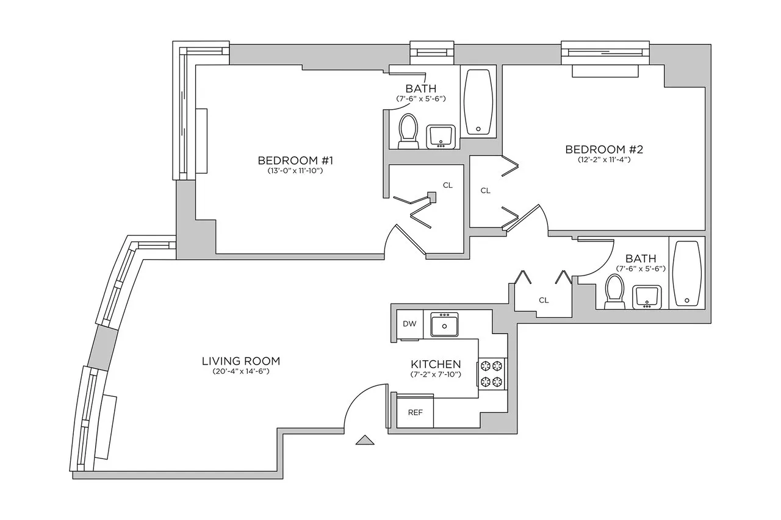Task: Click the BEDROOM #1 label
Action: tap(296, 160)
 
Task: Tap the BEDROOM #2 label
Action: tap(605, 149)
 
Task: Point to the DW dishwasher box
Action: tap(409, 324)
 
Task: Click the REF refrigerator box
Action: tap(415, 412)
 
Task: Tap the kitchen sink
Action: tap(445, 324)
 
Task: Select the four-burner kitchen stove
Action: tap(492, 374)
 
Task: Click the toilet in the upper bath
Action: tap(407, 131)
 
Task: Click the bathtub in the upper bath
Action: tap(478, 102)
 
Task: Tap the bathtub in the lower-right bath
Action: tap(687, 274)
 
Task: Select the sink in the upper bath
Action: tap(441, 137)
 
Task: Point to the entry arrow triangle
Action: tap(364, 440)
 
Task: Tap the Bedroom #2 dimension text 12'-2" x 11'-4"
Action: tap(605, 160)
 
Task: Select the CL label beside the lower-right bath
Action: tap(544, 300)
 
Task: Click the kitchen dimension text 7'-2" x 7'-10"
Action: tap(436, 374)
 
